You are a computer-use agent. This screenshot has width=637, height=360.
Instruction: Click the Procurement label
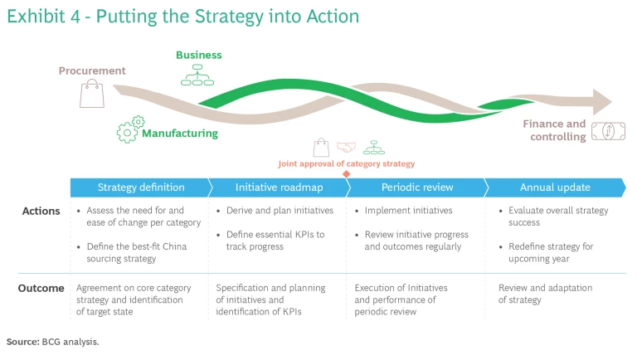coord(92,71)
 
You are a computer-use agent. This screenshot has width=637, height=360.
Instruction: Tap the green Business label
coord(198,56)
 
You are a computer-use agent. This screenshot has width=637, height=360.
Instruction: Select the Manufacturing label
coord(180,133)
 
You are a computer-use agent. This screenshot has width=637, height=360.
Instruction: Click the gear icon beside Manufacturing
coord(127,130)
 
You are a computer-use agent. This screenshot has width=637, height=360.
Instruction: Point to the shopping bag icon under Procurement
coord(91,95)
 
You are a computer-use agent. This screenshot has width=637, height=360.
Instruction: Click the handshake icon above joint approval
coord(346,148)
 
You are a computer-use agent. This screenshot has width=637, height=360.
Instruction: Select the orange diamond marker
coord(347,173)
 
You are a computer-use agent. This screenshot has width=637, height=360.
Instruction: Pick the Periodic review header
coord(417,187)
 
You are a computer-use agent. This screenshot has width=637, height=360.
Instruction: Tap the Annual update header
coord(554,187)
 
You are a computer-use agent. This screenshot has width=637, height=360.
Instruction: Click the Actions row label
coord(41,211)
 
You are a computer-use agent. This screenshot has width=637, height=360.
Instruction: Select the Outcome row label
coord(41,288)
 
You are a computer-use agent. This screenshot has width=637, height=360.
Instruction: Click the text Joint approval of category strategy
coord(347,164)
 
